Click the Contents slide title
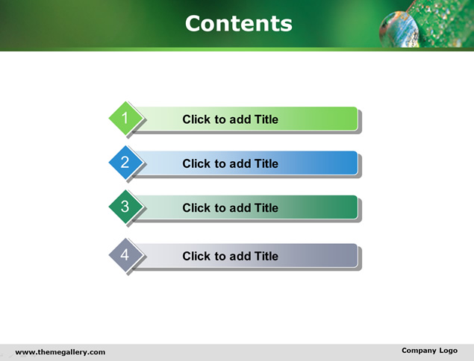239,24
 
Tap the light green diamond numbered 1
125,118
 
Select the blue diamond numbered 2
125,162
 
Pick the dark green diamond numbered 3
125,207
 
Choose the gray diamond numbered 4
125,255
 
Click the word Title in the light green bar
266,119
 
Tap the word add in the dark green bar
240,208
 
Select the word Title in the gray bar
266,256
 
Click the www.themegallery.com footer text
60,352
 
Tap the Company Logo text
429,351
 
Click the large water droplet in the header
399,30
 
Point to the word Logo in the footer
449,351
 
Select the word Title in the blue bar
266,163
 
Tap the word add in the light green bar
240,119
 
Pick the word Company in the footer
419,351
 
